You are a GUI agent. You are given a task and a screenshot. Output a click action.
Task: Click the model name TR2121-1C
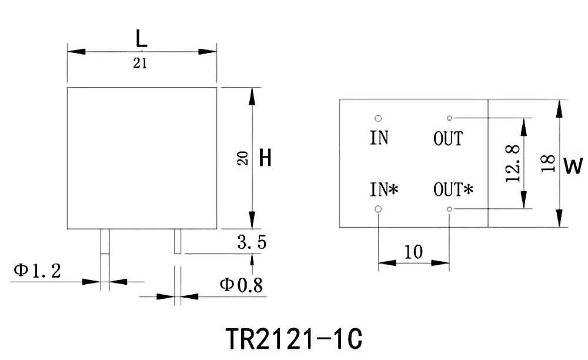[x=293, y=338]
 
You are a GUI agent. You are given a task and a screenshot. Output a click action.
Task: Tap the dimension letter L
[x=141, y=39]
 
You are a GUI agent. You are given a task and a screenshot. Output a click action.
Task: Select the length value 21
[x=140, y=64]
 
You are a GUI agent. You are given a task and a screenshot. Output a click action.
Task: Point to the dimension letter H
[x=265, y=158]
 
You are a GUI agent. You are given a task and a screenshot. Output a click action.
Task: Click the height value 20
[x=242, y=158]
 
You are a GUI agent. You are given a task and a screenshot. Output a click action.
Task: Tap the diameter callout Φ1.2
[x=36, y=271]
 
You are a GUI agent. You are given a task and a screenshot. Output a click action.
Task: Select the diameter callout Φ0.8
[x=241, y=285]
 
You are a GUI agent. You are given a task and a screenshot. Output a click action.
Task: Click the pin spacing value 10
[x=414, y=252]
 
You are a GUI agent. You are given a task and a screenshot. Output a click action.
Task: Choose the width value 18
[x=547, y=163]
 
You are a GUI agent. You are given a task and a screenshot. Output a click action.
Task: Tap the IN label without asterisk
[x=379, y=138]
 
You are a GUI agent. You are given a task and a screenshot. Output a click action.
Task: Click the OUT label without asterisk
[x=448, y=139]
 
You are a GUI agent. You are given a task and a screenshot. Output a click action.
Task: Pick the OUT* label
[x=453, y=189]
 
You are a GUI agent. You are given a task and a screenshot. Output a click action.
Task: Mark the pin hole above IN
[x=378, y=118]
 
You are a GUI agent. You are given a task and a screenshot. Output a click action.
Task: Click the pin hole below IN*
[x=378, y=209]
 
